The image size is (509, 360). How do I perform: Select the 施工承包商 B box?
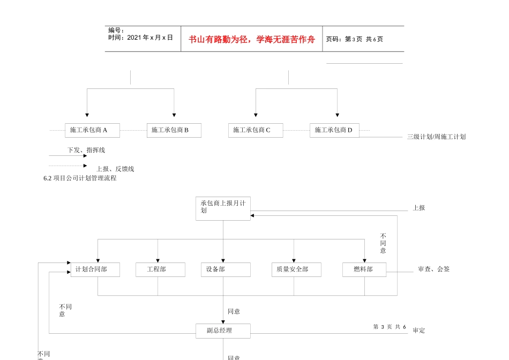coord(174,130)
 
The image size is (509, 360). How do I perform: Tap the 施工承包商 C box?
coord(256,130)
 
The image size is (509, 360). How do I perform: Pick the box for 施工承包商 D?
coord(334,130)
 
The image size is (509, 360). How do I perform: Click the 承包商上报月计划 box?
coord(223,208)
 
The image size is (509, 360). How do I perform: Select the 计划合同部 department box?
coord(95,269)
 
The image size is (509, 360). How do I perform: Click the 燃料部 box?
coord(364,269)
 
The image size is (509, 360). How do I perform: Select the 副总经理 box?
coord(223,331)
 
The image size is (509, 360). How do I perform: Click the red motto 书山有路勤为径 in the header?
coord(252,39)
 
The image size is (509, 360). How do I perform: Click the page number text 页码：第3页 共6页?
coord(355,39)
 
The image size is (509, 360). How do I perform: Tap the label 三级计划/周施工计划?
coord(436,137)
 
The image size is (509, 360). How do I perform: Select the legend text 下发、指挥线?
coord(86,150)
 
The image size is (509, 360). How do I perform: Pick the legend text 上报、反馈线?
coord(115,169)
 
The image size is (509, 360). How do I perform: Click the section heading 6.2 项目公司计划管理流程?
coord(80,178)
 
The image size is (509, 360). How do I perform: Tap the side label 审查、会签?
coord(433,269)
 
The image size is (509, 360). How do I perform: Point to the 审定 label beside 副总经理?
coord(419,331)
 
